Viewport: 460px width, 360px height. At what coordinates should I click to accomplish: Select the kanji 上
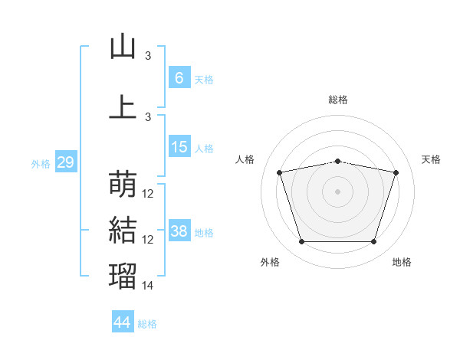[x=123, y=106]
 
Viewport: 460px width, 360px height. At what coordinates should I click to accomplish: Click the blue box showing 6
[x=179, y=77]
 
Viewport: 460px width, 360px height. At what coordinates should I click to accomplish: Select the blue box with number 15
[x=179, y=147]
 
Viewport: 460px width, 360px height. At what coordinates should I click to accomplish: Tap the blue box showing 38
[x=179, y=231]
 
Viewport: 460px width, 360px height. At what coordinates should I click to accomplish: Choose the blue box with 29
[x=65, y=163]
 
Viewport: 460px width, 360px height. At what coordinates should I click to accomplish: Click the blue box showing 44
[x=122, y=322]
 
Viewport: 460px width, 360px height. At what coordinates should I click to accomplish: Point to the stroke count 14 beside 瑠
[x=149, y=286]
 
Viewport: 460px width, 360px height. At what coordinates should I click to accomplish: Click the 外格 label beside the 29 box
[x=41, y=164]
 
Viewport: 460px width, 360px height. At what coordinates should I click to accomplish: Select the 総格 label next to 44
[x=147, y=324]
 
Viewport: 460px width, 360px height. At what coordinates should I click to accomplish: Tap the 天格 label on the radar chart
[x=432, y=159]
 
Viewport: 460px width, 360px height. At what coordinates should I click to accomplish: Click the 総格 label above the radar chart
[x=338, y=100]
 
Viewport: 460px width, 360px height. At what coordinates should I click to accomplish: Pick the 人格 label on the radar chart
[x=245, y=159]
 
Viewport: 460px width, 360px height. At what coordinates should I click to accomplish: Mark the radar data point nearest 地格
[x=373, y=242]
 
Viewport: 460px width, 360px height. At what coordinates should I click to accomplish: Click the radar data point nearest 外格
[x=301, y=242]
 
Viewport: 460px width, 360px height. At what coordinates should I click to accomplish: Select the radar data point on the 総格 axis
[x=337, y=161]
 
